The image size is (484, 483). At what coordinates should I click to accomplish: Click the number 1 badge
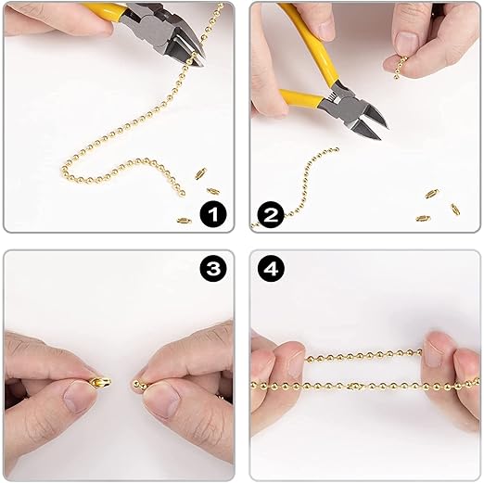213,214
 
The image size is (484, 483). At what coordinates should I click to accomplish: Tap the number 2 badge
271,214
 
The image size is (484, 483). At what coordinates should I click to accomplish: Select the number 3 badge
213,269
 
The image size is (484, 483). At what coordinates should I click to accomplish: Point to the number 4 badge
271,269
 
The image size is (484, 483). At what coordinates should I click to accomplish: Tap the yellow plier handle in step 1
104,8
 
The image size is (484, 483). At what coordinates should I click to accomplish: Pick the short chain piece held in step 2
399,67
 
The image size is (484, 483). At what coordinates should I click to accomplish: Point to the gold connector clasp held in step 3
101,382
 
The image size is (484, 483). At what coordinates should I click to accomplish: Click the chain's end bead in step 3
135,384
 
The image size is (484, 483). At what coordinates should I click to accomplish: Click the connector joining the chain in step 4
353,386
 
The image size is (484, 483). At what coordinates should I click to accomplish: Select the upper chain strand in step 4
363,355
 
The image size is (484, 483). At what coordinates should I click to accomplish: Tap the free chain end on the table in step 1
183,194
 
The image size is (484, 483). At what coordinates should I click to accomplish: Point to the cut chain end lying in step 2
337,150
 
